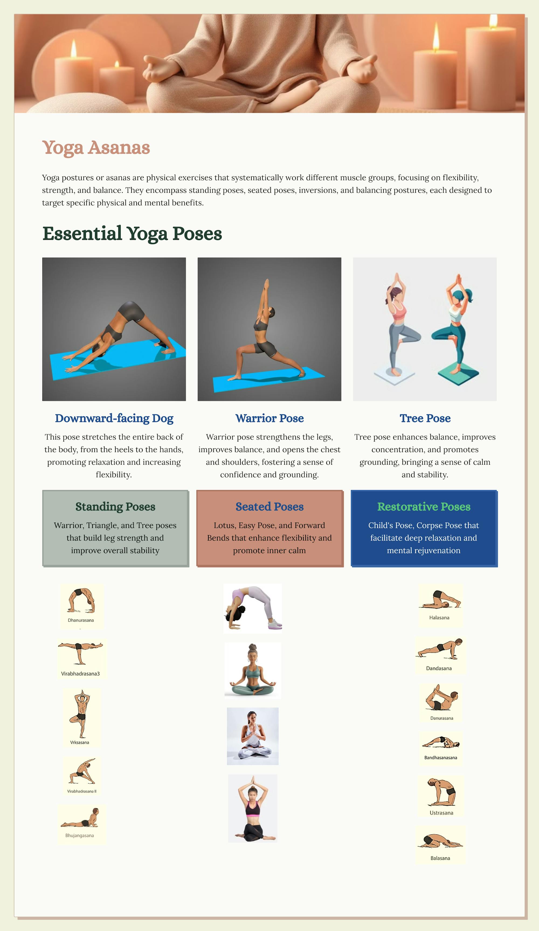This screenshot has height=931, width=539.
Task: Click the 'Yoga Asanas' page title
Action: [96, 148]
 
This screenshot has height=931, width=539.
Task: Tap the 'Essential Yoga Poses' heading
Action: [132, 233]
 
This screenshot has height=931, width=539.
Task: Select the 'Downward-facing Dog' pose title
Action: [114, 418]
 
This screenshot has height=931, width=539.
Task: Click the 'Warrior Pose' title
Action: [269, 418]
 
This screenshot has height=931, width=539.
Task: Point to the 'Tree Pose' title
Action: [425, 418]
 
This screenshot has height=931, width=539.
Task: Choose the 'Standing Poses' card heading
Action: [115, 506]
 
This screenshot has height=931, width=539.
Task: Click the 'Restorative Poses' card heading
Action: [424, 506]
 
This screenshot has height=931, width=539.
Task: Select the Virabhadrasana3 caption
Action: [80, 674]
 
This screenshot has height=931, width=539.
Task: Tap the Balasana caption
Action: [440, 858]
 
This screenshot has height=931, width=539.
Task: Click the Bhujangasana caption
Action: [80, 835]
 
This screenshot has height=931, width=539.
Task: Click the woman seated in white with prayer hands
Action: [253, 736]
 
